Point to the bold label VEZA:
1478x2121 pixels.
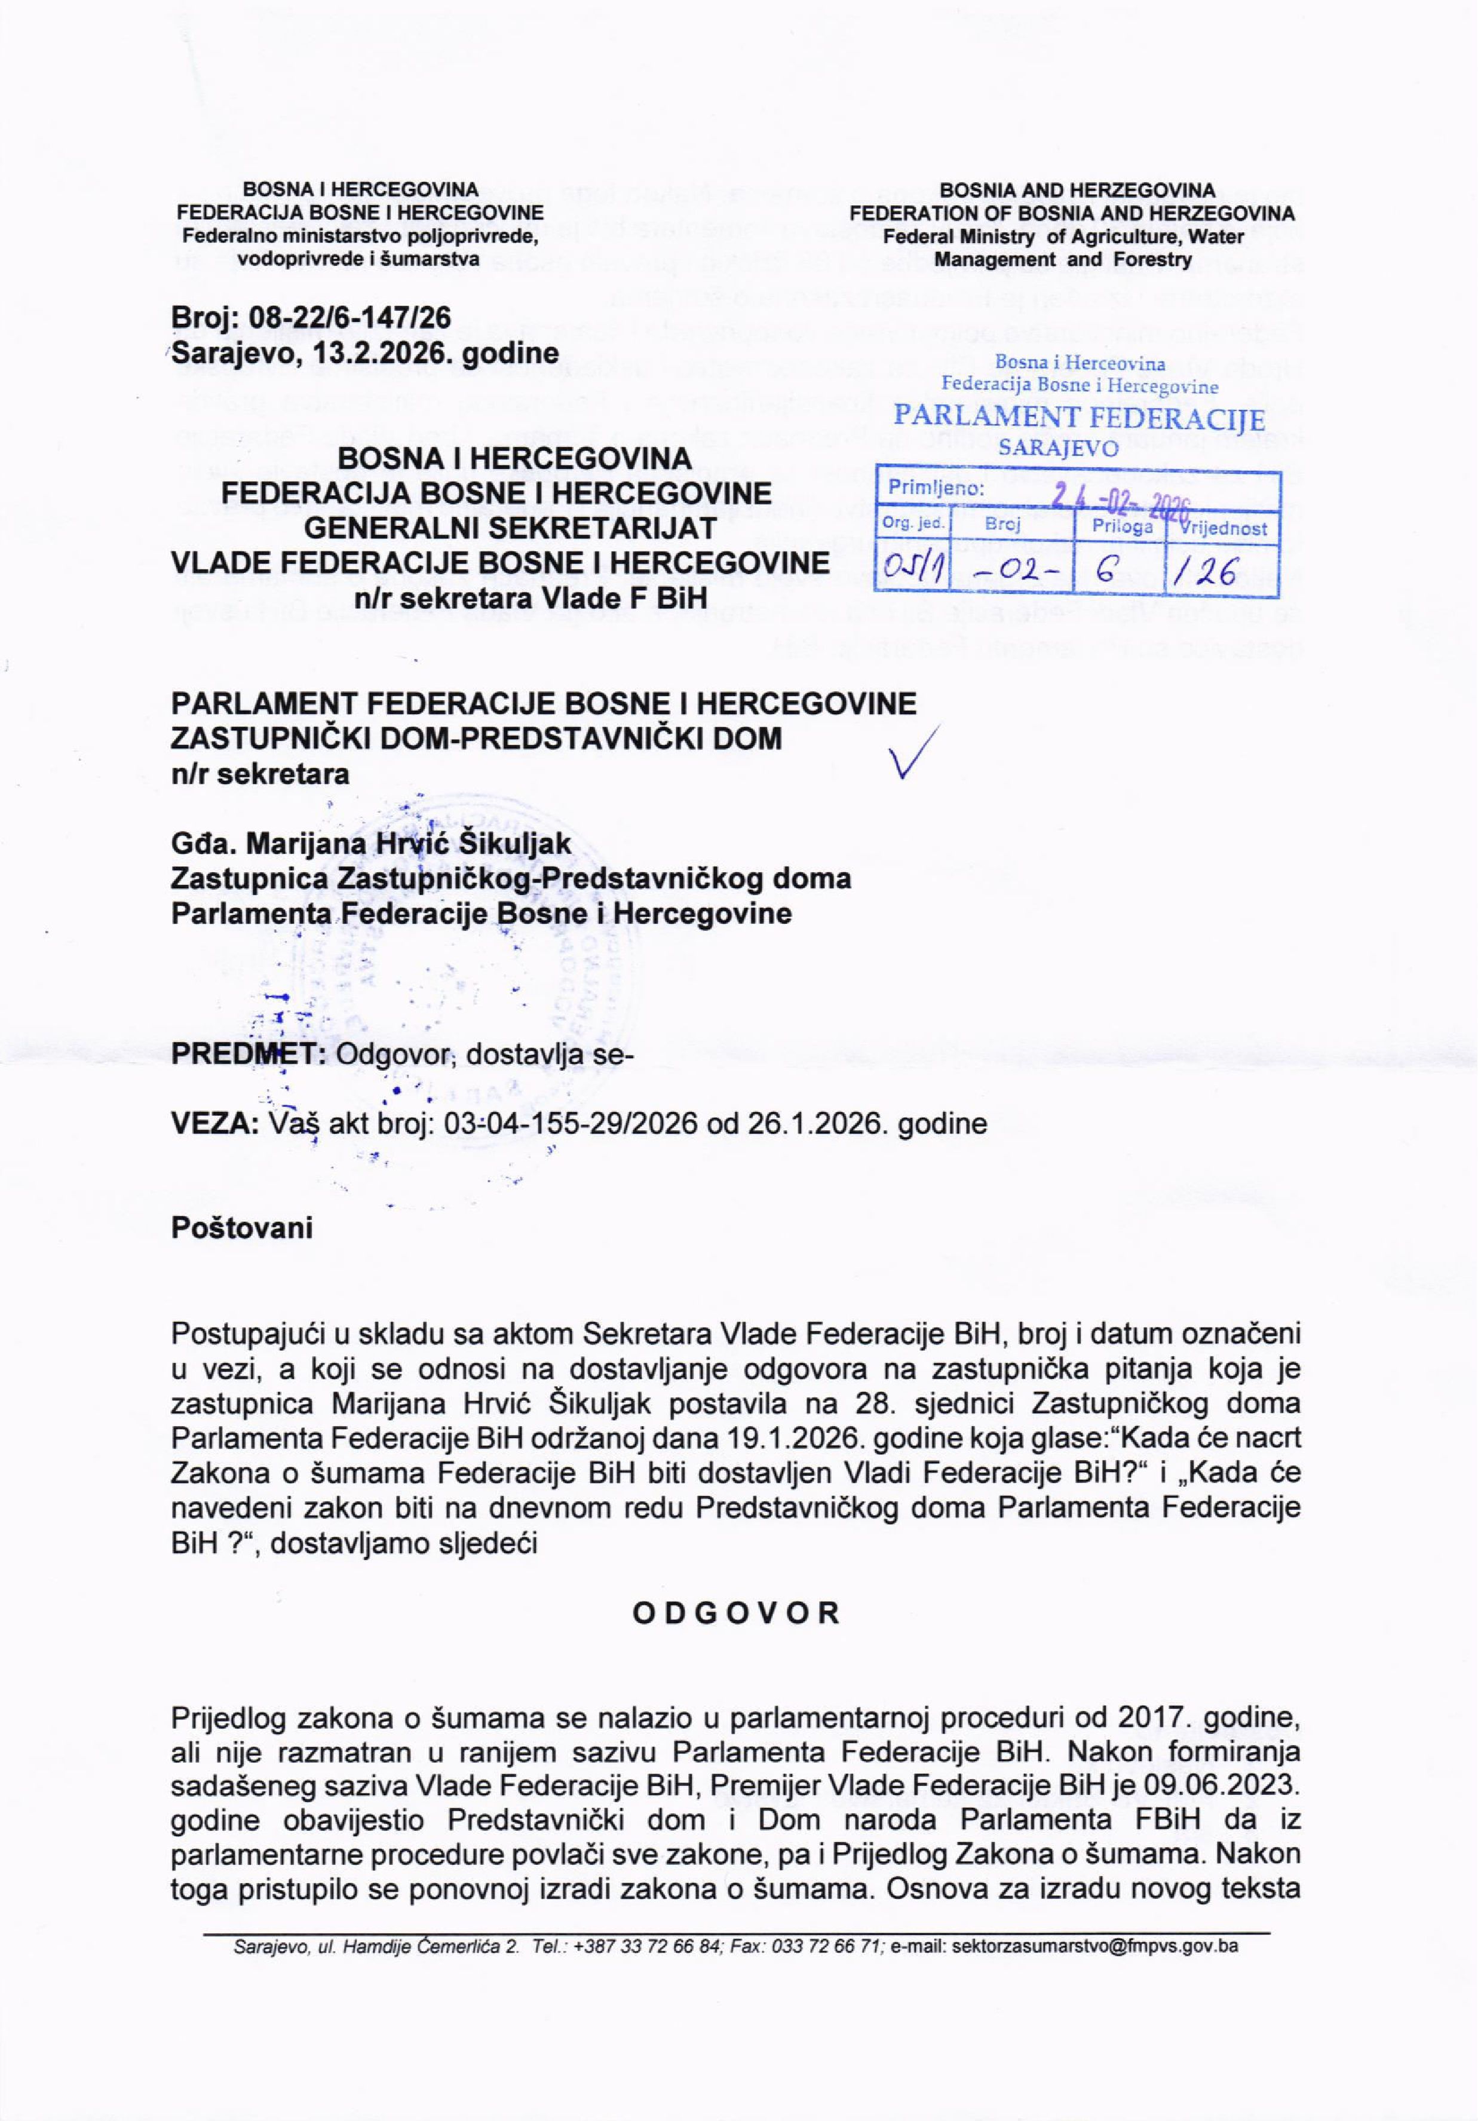pos(214,1123)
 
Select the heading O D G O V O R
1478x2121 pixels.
pos(736,1613)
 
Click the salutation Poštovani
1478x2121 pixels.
pos(242,1228)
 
